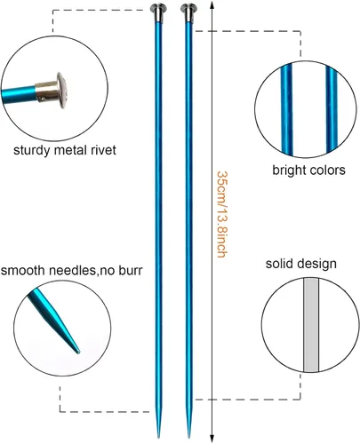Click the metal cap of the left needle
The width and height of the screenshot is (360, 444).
pyautogui.click(x=158, y=12)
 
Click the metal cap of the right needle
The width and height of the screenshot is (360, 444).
pyautogui.click(x=188, y=12)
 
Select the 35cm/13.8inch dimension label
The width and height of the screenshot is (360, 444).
pyautogui.click(x=222, y=214)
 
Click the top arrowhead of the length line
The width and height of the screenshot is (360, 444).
pyautogui.click(x=212, y=4)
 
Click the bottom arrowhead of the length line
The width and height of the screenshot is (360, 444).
pyautogui.click(x=212, y=439)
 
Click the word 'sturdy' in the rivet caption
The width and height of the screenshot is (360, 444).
pyautogui.click(x=32, y=150)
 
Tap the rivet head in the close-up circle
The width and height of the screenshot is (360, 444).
pyautogui.click(x=61, y=90)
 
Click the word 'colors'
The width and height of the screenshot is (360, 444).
pyautogui.click(x=327, y=170)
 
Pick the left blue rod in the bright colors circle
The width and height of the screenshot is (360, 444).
pyautogui.click(x=286, y=109)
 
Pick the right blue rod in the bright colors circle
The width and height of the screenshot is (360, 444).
pyautogui.click(x=332, y=108)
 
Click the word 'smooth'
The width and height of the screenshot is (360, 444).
pyautogui.click(x=22, y=270)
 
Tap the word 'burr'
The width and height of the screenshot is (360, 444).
pyautogui.click(x=131, y=270)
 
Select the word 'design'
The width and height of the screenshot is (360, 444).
pyautogui.click(x=317, y=264)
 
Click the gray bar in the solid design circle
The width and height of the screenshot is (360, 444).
pyautogui.click(x=311, y=325)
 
